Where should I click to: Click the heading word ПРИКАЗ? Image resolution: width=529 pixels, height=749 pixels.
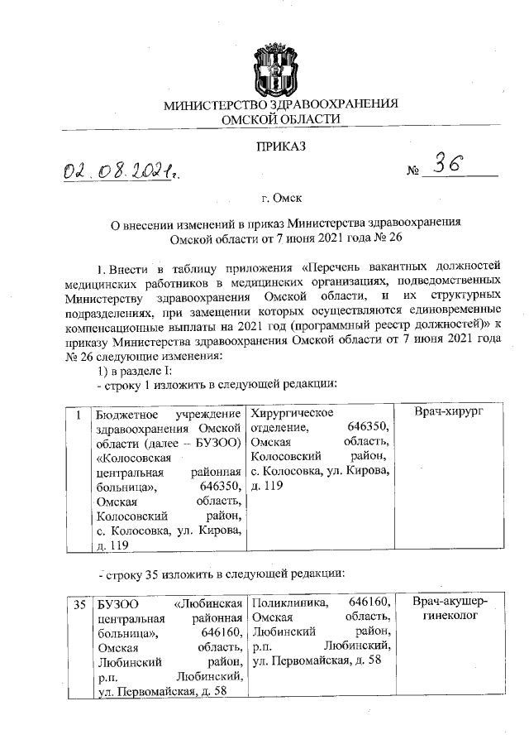coord(281,146)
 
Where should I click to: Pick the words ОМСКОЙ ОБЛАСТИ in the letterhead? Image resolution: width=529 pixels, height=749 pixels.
coord(281,120)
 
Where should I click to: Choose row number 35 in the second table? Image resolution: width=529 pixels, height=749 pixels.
coord(79,604)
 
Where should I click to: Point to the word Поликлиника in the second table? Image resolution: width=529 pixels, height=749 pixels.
coord(287,603)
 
